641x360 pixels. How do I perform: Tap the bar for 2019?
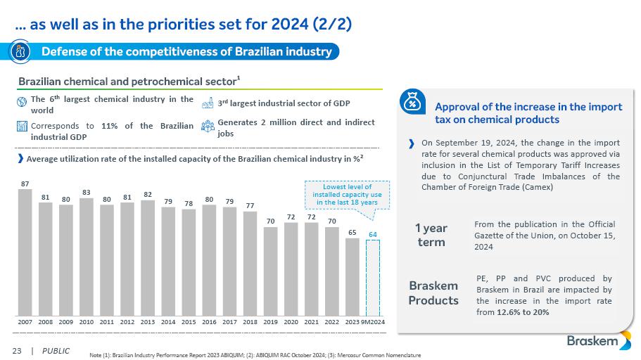(x=270, y=271)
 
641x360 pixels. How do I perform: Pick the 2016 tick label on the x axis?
(x=209, y=321)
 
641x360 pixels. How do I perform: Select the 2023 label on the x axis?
(x=352, y=321)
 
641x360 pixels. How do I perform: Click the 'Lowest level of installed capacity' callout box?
(x=346, y=193)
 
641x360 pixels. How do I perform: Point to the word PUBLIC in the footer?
(x=56, y=350)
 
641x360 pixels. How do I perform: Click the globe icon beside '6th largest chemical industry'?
(x=21, y=101)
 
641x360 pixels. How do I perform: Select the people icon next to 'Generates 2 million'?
(x=207, y=127)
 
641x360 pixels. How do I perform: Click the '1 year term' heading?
(x=431, y=235)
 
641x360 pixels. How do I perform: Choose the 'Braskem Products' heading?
(x=433, y=292)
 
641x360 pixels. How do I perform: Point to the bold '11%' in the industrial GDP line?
(x=109, y=126)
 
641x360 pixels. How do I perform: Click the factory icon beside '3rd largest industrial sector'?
(x=207, y=103)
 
